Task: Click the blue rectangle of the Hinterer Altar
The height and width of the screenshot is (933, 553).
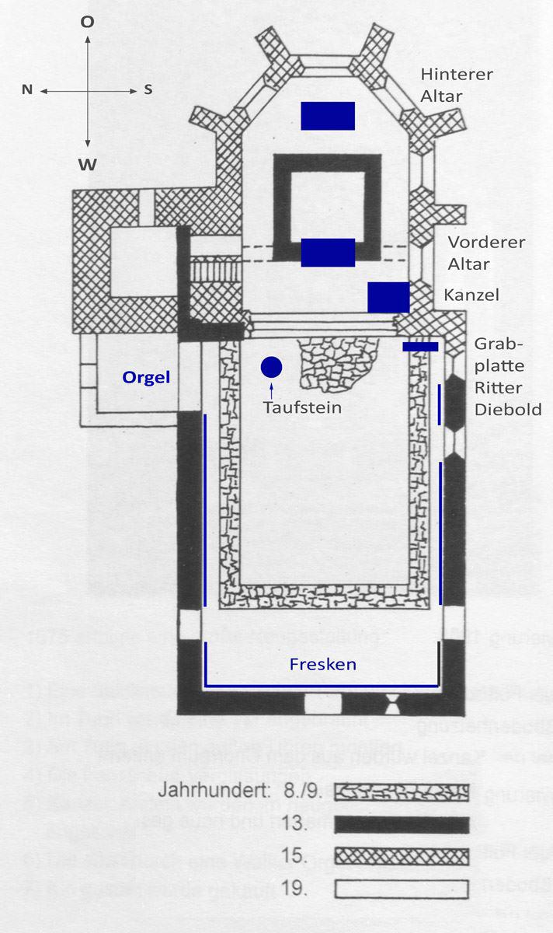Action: click(x=328, y=116)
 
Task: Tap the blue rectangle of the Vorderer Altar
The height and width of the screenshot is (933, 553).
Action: click(x=328, y=253)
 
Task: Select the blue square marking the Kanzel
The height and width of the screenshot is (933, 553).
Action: click(x=388, y=298)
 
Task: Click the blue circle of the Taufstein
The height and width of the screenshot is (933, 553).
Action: click(x=271, y=365)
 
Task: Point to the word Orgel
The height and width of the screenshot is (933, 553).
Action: click(x=145, y=377)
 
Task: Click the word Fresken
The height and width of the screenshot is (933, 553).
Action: click(x=322, y=664)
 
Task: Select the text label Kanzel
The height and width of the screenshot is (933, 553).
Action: click(x=471, y=295)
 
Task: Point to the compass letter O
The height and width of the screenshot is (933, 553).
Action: click(x=87, y=23)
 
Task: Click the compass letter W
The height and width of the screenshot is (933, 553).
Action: click(x=88, y=164)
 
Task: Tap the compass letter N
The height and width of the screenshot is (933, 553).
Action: click(x=27, y=90)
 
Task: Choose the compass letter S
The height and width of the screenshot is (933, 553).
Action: click(x=148, y=90)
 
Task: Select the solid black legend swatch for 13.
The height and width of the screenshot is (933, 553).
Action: click(x=403, y=824)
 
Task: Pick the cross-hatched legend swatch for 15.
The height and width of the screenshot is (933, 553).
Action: click(x=403, y=856)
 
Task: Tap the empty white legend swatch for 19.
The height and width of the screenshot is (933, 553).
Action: click(x=403, y=887)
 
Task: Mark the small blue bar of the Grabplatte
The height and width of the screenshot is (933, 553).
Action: click(x=420, y=346)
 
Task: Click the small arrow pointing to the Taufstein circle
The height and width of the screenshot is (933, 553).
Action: click(x=271, y=386)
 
